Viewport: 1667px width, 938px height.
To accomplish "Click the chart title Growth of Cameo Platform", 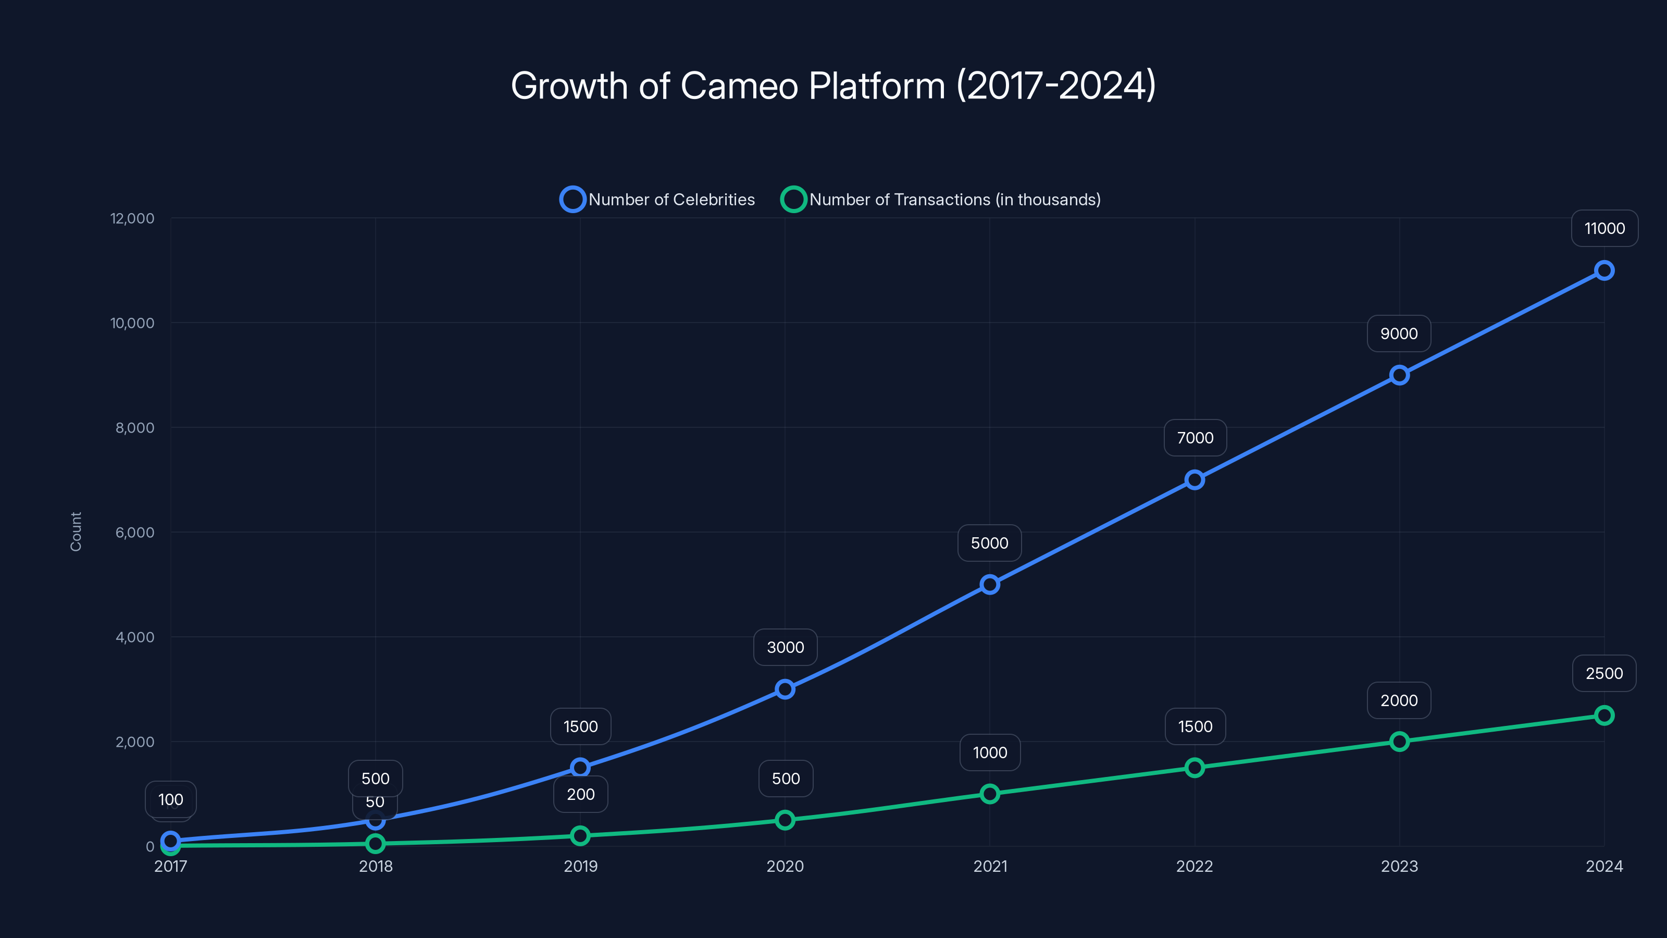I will pyautogui.click(x=833, y=86).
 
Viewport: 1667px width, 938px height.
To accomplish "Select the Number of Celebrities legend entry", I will pyautogui.click(x=657, y=200).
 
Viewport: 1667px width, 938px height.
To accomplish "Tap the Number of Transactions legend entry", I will pyautogui.click(x=941, y=200).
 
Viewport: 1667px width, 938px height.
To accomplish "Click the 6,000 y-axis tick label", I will pyautogui.click(x=134, y=532).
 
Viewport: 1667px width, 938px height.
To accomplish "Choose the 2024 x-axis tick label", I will pyautogui.click(x=1603, y=866).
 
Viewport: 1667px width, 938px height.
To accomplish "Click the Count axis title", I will pyautogui.click(x=76, y=532).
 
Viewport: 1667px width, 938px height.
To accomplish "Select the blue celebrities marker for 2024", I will pyautogui.click(x=1603, y=270).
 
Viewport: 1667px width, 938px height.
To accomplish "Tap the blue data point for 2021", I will pyautogui.click(x=989, y=585).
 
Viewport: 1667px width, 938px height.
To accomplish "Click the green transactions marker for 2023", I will pyautogui.click(x=1399, y=741).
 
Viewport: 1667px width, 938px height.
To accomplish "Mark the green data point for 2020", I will pyautogui.click(x=785, y=820).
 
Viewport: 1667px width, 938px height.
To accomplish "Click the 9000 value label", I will pyautogui.click(x=1398, y=334).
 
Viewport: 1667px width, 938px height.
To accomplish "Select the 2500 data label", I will pyautogui.click(x=1603, y=673).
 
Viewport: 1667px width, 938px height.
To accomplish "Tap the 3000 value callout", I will pyautogui.click(x=785, y=647).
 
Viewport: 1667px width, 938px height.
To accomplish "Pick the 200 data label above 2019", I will pyautogui.click(x=580, y=794).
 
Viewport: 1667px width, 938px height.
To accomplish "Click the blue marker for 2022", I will pyautogui.click(x=1195, y=479).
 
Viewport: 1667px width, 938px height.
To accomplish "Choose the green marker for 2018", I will pyautogui.click(x=375, y=844).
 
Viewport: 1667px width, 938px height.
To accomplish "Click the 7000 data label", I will pyautogui.click(x=1195, y=438).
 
